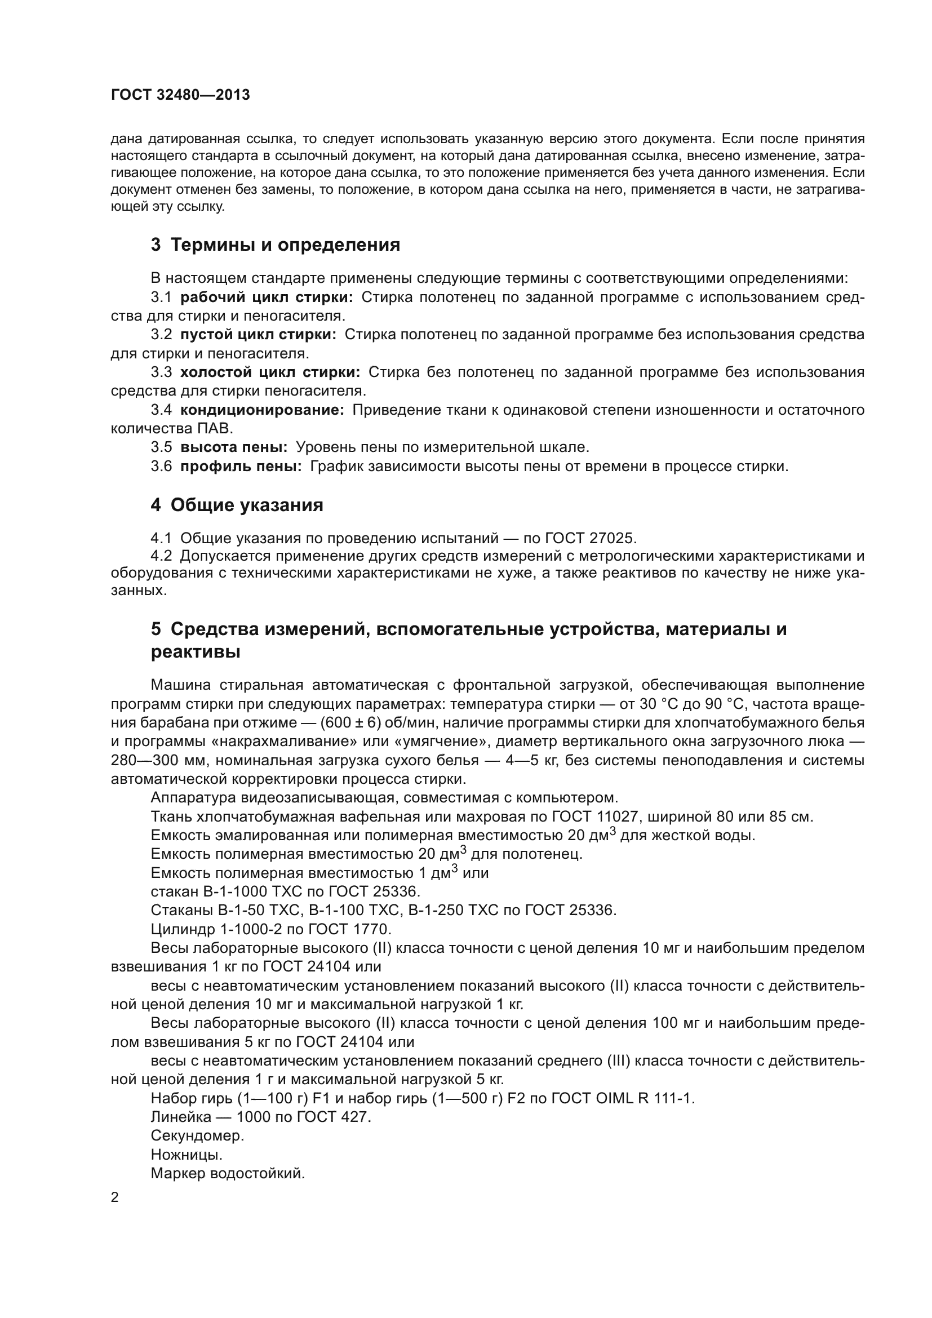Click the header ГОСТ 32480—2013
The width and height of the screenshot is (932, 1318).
(x=180, y=95)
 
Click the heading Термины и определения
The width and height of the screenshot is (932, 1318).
(x=285, y=245)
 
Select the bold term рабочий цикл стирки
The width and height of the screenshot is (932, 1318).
(x=267, y=298)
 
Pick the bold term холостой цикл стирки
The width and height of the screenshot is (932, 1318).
(x=270, y=372)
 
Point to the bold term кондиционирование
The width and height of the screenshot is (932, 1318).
(x=261, y=410)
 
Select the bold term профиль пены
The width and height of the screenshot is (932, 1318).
(x=241, y=466)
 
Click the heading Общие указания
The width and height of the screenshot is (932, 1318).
(x=247, y=505)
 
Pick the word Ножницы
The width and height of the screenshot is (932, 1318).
(x=187, y=1155)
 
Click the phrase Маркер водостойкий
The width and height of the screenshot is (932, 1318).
(x=227, y=1173)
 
